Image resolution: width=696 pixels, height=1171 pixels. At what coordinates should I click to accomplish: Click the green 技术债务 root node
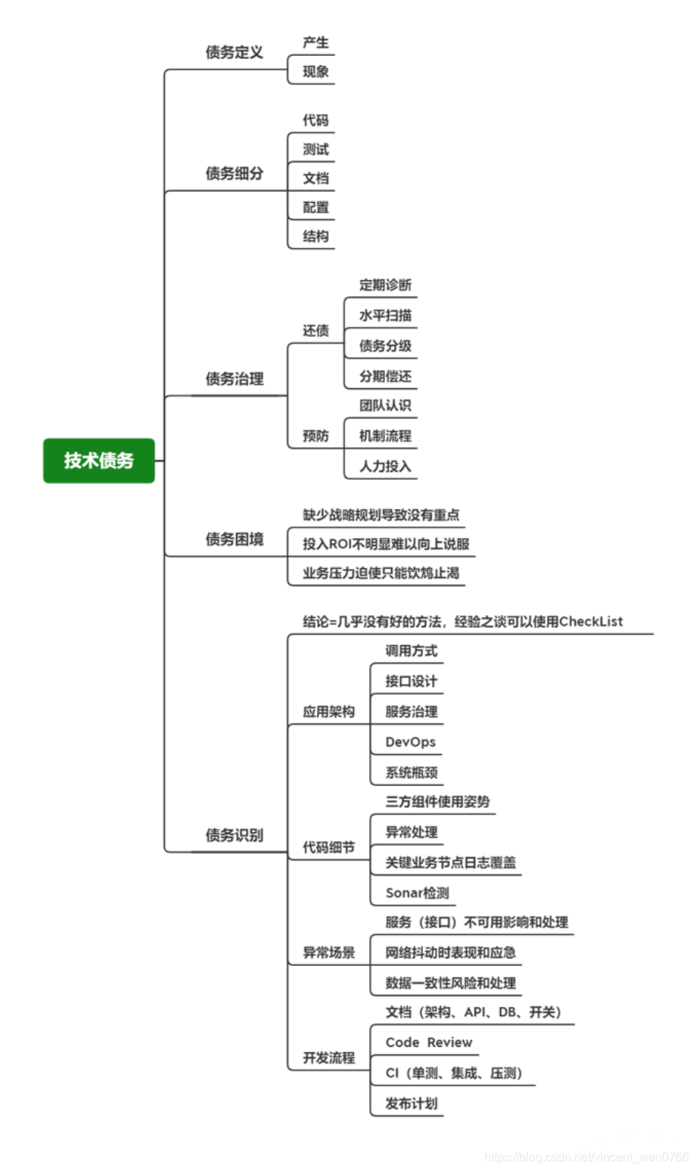(99, 460)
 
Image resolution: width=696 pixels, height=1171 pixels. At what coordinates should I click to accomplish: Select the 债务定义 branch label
(235, 52)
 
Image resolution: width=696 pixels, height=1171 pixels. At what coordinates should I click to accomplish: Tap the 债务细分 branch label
(235, 173)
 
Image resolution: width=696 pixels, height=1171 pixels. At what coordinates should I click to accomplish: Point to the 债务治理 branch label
(235, 378)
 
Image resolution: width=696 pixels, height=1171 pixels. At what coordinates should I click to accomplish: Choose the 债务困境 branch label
(235, 539)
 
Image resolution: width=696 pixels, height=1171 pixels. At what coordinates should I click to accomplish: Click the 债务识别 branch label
(235, 835)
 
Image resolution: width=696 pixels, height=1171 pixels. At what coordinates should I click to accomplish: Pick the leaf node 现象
(315, 72)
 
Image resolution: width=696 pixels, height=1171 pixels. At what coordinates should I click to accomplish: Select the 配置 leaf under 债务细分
(315, 207)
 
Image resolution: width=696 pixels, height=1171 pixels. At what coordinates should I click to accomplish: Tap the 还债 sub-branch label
(315, 331)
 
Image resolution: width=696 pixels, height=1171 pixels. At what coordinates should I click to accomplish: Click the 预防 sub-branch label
(315, 436)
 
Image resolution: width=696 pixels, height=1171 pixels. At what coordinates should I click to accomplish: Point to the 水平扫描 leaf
(385, 315)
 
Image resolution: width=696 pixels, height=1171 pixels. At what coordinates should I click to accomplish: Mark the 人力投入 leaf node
(385, 466)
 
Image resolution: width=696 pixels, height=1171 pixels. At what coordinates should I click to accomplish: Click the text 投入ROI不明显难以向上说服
(386, 544)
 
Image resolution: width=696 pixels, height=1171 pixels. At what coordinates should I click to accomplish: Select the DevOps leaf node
(410, 742)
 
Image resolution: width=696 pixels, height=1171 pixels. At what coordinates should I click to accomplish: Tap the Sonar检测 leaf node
(417, 893)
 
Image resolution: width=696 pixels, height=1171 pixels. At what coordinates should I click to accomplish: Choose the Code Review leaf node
(428, 1042)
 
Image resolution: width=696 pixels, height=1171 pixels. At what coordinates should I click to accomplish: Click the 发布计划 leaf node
(411, 1103)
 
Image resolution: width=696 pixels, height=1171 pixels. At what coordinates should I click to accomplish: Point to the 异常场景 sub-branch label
(328, 952)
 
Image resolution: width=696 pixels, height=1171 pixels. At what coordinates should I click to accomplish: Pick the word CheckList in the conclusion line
(591, 622)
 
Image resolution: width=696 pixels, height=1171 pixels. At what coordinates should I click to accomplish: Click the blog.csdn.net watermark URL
(586, 1157)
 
